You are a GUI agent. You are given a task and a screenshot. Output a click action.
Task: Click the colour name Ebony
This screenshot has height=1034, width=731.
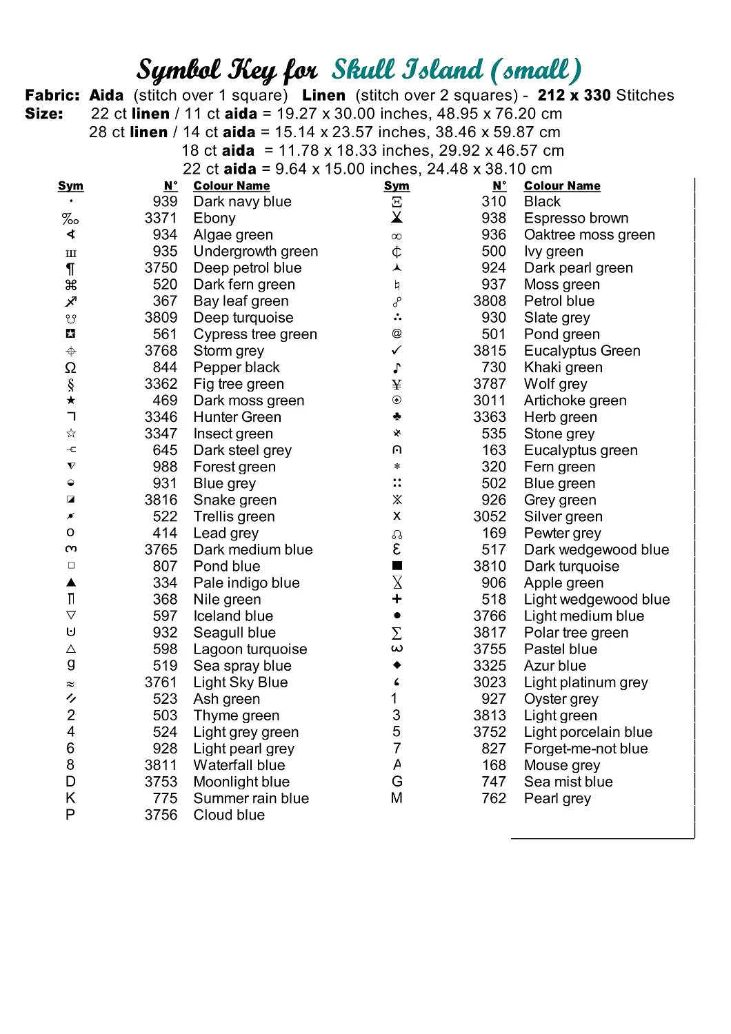[x=214, y=219]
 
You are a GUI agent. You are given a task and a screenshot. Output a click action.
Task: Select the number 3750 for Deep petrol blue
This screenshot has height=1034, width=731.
[x=161, y=268]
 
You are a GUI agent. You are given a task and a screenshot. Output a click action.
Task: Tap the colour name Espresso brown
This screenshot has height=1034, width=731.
[x=576, y=219]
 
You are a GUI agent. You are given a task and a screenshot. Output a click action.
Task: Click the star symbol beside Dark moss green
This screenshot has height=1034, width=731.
[x=71, y=401]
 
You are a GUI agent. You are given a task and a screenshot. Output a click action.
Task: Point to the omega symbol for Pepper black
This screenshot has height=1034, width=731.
[x=70, y=367]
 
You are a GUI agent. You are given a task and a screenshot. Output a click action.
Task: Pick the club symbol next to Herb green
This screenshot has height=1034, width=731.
[x=397, y=417]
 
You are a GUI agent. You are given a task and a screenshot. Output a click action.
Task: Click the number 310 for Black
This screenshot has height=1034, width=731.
[x=494, y=202]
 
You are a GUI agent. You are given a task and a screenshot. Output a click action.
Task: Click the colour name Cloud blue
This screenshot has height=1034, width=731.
[x=229, y=815]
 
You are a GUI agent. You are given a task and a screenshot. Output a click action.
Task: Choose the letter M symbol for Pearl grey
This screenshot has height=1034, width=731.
[x=397, y=798]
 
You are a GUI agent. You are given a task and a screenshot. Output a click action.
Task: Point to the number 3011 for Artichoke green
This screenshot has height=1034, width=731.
[x=490, y=401]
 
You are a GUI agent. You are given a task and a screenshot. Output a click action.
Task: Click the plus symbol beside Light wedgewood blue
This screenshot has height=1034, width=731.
[x=397, y=599]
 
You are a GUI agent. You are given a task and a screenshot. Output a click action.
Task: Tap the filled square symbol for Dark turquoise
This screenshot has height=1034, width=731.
[x=397, y=566]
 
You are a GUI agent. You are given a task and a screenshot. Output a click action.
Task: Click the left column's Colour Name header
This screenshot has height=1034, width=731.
[x=232, y=186]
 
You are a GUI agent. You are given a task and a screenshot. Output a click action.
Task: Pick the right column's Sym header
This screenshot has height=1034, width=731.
[x=397, y=186]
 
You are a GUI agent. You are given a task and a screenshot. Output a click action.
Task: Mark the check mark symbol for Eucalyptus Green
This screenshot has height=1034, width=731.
[x=397, y=351]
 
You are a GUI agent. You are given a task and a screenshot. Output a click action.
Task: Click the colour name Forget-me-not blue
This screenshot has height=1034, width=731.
[x=585, y=749]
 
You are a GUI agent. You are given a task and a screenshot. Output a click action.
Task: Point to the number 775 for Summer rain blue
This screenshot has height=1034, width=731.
[x=165, y=798]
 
